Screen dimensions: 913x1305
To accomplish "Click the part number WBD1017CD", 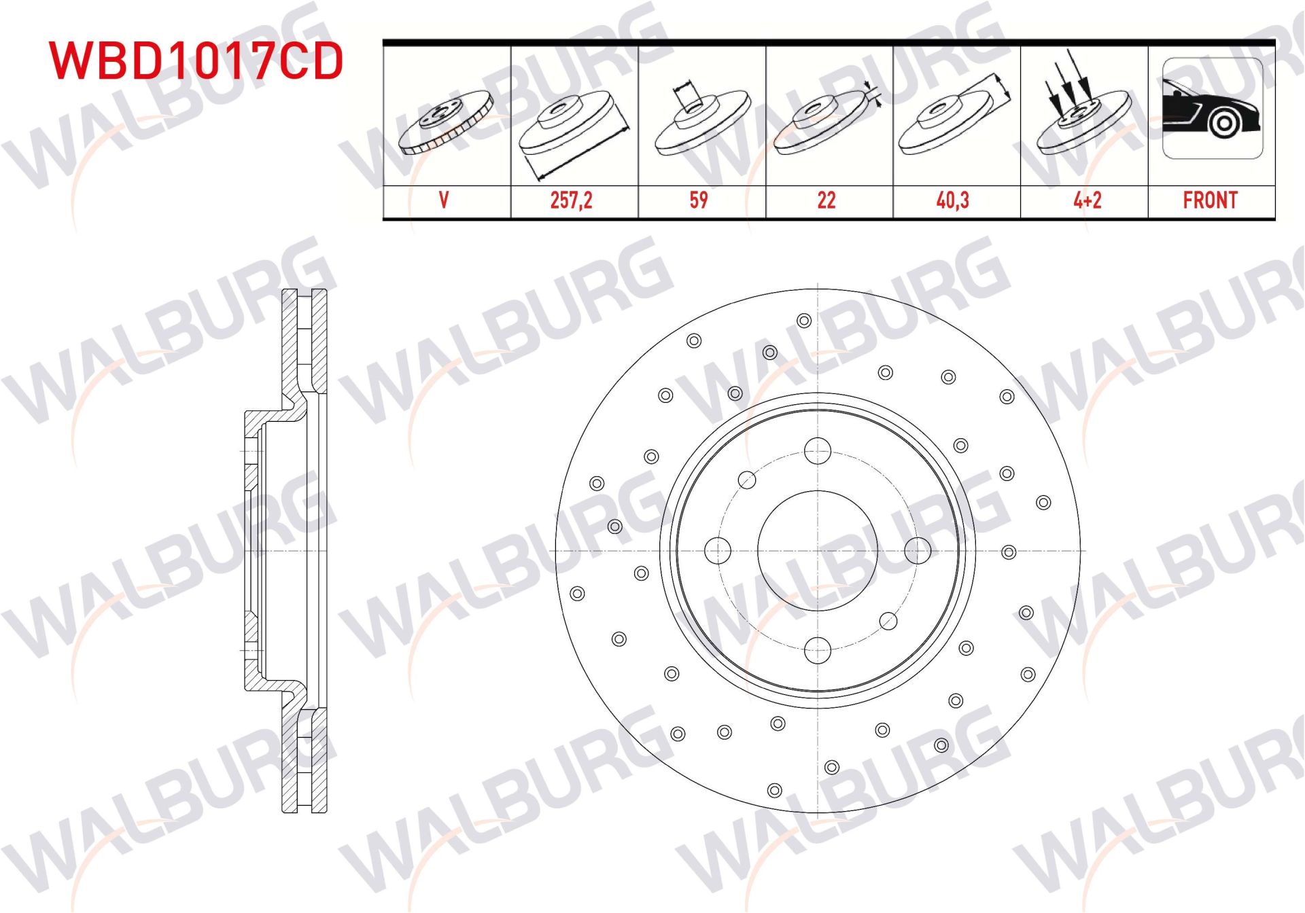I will (x=196, y=60).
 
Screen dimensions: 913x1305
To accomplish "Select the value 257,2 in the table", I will (x=571, y=200).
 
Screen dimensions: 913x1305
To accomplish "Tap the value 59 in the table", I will (x=699, y=200).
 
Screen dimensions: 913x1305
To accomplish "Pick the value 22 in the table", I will (x=826, y=200).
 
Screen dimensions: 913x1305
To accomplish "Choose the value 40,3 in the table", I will (x=952, y=200).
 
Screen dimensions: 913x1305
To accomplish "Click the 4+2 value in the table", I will (x=1087, y=200).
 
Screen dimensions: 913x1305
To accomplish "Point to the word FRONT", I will (x=1210, y=200).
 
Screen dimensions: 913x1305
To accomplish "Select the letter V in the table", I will (x=444, y=200).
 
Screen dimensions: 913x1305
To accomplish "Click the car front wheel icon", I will (x=1213, y=109).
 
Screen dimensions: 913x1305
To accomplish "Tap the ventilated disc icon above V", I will (x=445, y=122).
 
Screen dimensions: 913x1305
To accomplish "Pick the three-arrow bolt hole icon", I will (x=1083, y=115).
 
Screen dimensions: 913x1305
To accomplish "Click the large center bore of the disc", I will (x=817, y=551).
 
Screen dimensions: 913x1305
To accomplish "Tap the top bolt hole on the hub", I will (x=817, y=451).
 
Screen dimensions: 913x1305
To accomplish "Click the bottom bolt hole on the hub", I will (x=817, y=650).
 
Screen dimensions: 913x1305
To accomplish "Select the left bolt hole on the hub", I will (x=718, y=551).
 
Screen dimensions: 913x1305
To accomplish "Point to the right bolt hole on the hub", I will (x=918, y=551).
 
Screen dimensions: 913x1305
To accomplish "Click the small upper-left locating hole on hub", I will (x=747, y=480).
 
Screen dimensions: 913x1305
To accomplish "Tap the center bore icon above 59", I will (x=700, y=119).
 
